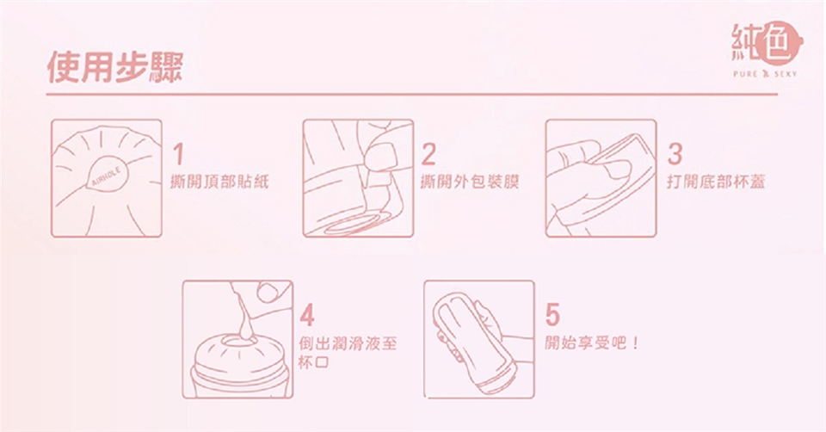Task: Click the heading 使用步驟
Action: click(x=114, y=67)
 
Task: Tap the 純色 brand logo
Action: click(x=767, y=43)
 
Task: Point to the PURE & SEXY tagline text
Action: click(x=765, y=74)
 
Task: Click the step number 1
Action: click(x=179, y=153)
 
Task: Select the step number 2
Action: click(x=428, y=153)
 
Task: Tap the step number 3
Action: click(x=675, y=153)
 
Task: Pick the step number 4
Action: click(x=307, y=315)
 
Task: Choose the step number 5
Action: click(x=552, y=315)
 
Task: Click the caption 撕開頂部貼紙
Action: click(x=219, y=182)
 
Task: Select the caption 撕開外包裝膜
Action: click(x=470, y=182)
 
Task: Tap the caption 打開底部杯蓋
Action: click(x=716, y=182)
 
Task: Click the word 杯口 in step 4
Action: click(x=314, y=362)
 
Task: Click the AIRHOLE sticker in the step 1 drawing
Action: click(x=107, y=175)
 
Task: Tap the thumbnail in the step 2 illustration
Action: click(x=379, y=157)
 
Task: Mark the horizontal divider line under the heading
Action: click(x=412, y=95)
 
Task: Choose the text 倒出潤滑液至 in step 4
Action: click(x=348, y=343)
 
